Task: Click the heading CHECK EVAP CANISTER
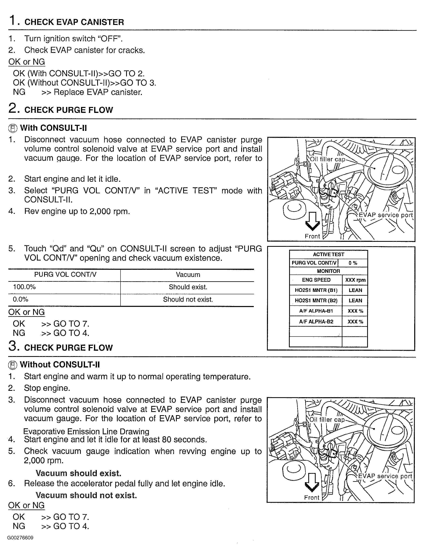click(x=74, y=22)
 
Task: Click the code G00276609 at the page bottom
click(x=20, y=538)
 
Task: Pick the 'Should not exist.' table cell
click(x=188, y=300)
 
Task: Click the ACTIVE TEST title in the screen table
click(x=328, y=254)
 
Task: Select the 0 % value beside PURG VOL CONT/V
click(x=353, y=263)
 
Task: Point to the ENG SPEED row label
click(x=316, y=280)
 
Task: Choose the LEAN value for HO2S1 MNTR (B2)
click(x=355, y=301)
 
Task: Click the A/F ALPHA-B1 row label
click(x=316, y=311)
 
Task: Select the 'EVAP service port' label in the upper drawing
click(x=386, y=215)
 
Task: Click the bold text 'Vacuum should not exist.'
click(x=86, y=495)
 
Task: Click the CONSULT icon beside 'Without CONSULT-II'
click(x=13, y=365)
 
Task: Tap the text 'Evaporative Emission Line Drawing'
click(x=86, y=432)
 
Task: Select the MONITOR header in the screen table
click(x=328, y=271)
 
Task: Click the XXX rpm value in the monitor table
click(x=355, y=280)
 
